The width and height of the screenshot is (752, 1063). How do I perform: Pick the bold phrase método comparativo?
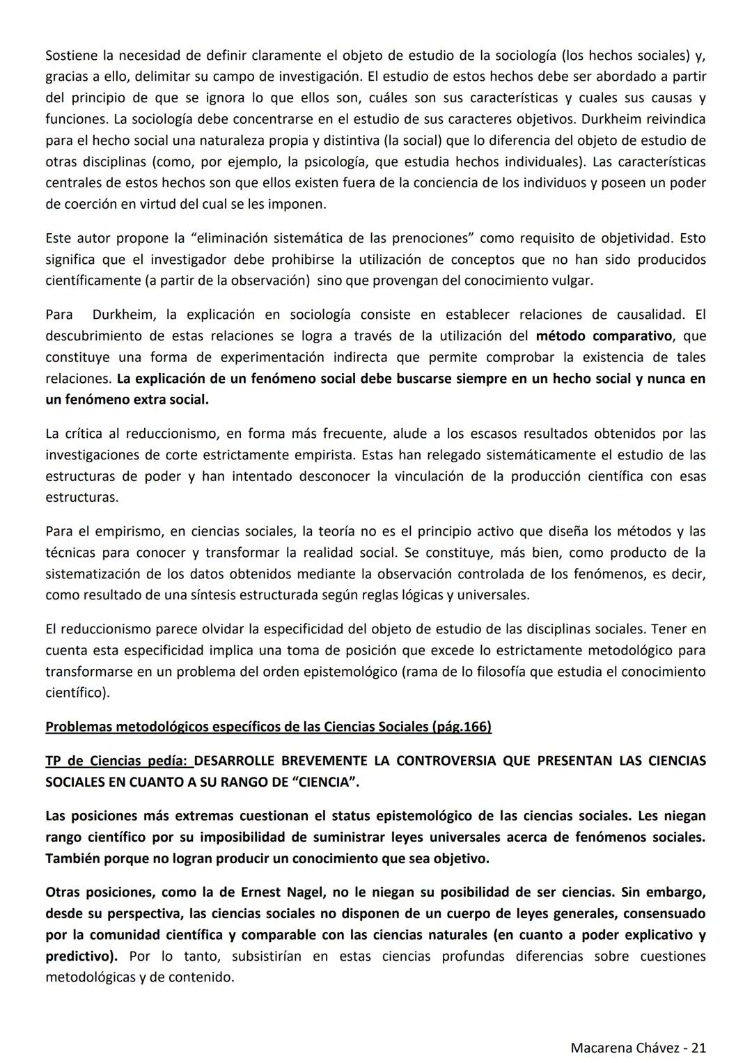coord(604,336)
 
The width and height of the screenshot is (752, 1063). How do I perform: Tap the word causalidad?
coord(651,315)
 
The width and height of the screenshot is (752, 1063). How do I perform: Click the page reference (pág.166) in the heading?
coord(461,727)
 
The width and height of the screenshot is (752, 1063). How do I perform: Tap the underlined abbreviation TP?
coord(54,761)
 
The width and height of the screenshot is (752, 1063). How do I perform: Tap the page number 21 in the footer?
coord(698,1047)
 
